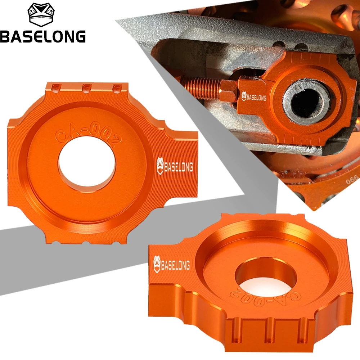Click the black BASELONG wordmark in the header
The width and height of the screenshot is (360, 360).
point(43,36)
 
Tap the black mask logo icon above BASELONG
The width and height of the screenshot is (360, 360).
point(41,15)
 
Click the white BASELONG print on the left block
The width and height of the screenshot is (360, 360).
point(179,167)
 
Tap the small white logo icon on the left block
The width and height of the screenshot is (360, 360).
point(160,166)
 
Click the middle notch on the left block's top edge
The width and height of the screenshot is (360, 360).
point(87,88)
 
